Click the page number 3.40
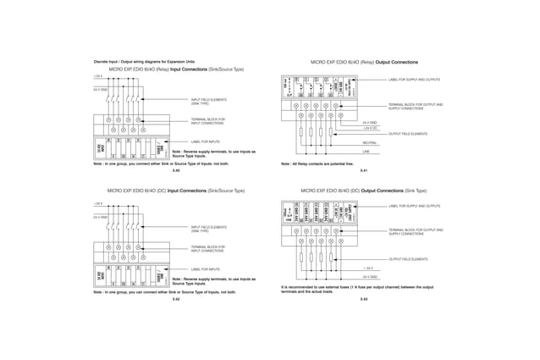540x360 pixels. (176, 171)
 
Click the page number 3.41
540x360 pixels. (363, 171)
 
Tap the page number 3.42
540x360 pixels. (176, 299)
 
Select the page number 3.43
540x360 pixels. (363, 299)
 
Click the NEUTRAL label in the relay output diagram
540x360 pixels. (370, 143)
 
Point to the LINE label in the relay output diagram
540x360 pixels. (366, 152)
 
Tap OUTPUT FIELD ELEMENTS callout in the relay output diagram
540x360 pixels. (407, 134)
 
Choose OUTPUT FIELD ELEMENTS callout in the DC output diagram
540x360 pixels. (407, 258)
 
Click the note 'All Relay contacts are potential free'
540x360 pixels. (317, 163)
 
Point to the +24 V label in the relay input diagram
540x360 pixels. (97, 76)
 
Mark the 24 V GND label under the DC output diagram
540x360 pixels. (371, 277)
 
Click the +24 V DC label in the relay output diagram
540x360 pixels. (370, 128)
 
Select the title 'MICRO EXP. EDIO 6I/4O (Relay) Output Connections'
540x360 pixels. (364, 63)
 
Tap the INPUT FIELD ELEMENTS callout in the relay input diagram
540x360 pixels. (208, 102)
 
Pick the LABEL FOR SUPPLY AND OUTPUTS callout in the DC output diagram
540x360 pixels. (414, 206)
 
